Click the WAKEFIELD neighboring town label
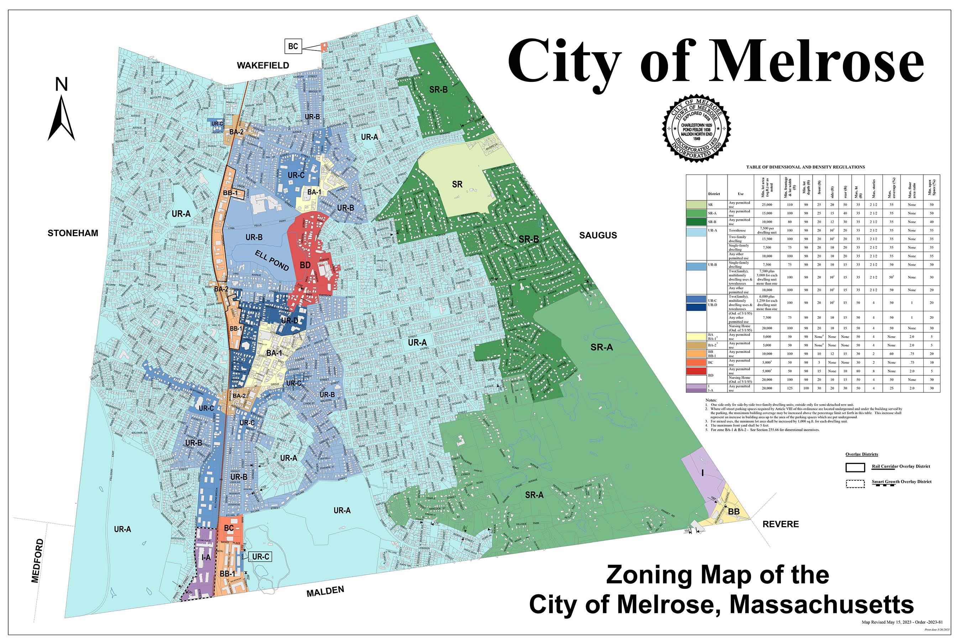click(x=263, y=65)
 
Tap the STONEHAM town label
click(x=73, y=233)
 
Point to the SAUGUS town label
click(x=598, y=235)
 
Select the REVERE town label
click(x=781, y=524)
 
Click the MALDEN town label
click(x=325, y=591)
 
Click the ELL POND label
click(x=272, y=261)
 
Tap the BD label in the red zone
click(x=305, y=265)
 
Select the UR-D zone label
click(x=289, y=321)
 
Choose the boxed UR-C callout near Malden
click(x=261, y=557)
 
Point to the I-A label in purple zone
click(x=206, y=557)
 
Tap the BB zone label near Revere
click(x=734, y=512)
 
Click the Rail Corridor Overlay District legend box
click(x=855, y=467)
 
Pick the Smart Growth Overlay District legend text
click(x=902, y=482)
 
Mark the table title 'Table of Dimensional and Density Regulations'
click(x=805, y=167)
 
